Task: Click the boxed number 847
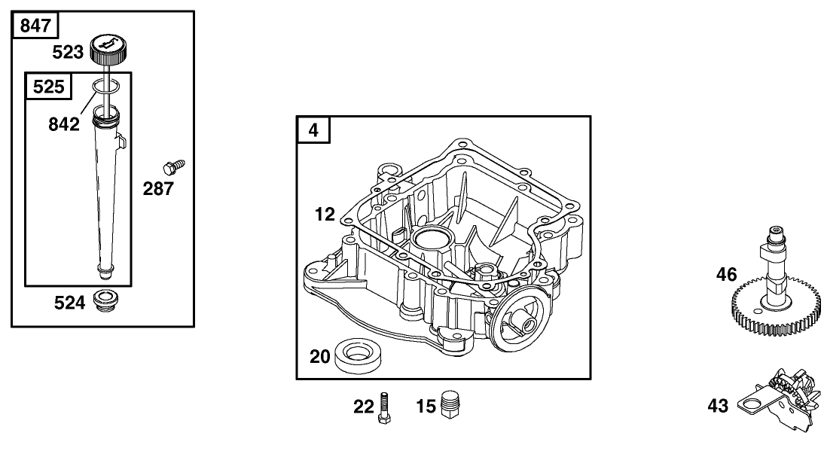click(x=35, y=26)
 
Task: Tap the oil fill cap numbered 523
click(x=111, y=50)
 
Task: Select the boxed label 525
click(x=48, y=87)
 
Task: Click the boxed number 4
click(x=313, y=130)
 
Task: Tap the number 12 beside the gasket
click(x=325, y=215)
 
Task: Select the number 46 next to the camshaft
click(x=726, y=275)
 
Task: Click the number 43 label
click(x=718, y=407)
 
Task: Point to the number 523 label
click(x=67, y=52)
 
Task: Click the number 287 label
click(x=158, y=189)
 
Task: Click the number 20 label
click(x=321, y=355)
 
